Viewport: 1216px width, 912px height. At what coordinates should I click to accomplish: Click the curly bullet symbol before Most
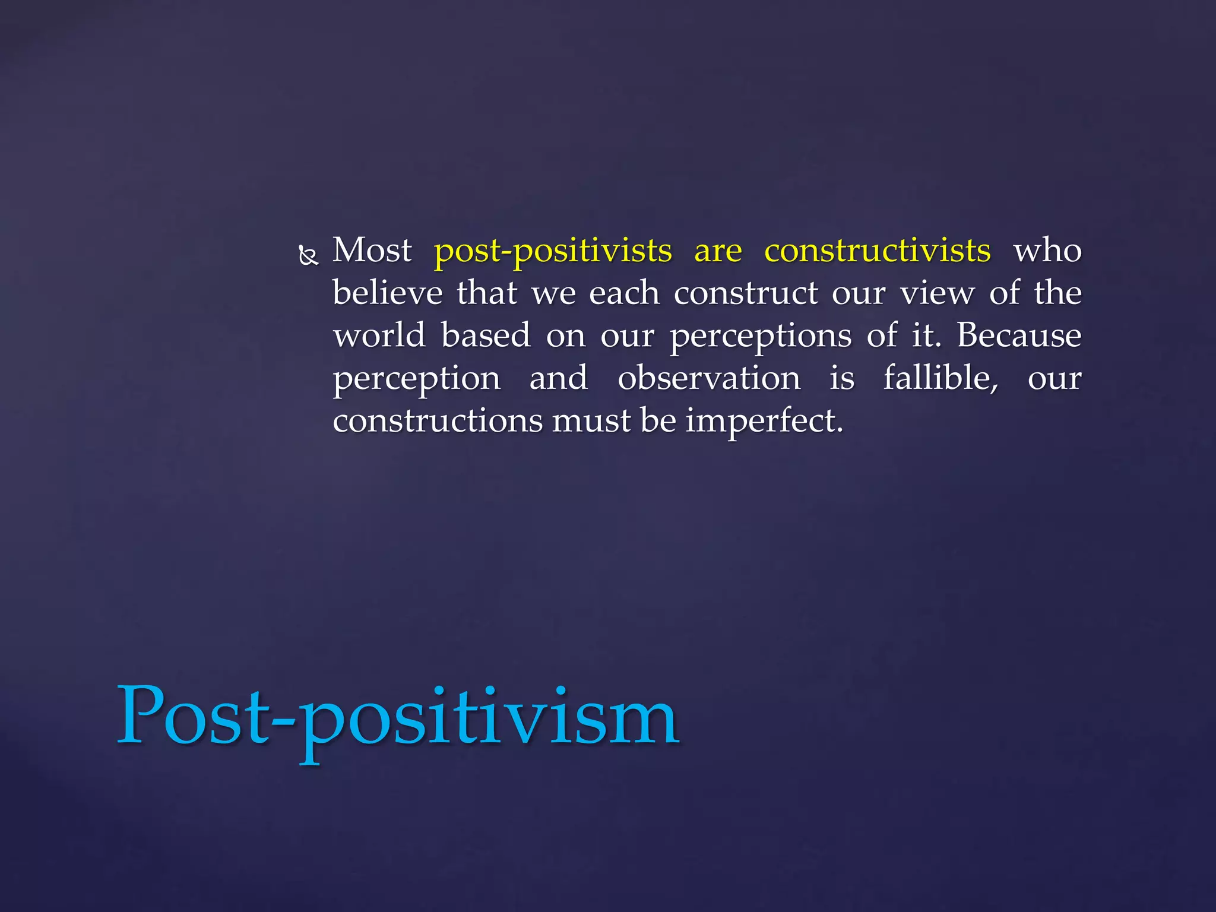tap(308, 256)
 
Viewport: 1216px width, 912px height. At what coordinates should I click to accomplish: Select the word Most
tap(372, 250)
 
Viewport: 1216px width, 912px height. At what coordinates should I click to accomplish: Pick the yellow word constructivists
tap(877, 250)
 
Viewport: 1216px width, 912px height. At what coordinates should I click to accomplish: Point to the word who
tap(1047, 250)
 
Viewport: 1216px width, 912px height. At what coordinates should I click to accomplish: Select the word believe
tap(387, 293)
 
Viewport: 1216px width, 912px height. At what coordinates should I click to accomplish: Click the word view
tap(937, 293)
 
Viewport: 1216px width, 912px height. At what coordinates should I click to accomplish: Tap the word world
tap(379, 335)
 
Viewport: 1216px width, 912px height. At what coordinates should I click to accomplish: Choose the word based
tap(486, 335)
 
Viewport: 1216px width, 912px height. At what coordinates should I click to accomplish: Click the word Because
tap(1019, 335)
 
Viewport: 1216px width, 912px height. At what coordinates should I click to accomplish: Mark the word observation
tap(709, 378)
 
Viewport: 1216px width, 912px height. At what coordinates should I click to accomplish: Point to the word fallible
tap(940, 378)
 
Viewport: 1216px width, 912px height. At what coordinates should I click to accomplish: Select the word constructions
tap(438, 421)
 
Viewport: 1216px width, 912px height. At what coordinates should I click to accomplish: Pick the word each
tap(624, 293)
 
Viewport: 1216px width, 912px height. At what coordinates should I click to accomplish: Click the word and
tap(559, 378)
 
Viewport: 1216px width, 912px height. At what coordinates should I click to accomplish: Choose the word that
tap(487, 293)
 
